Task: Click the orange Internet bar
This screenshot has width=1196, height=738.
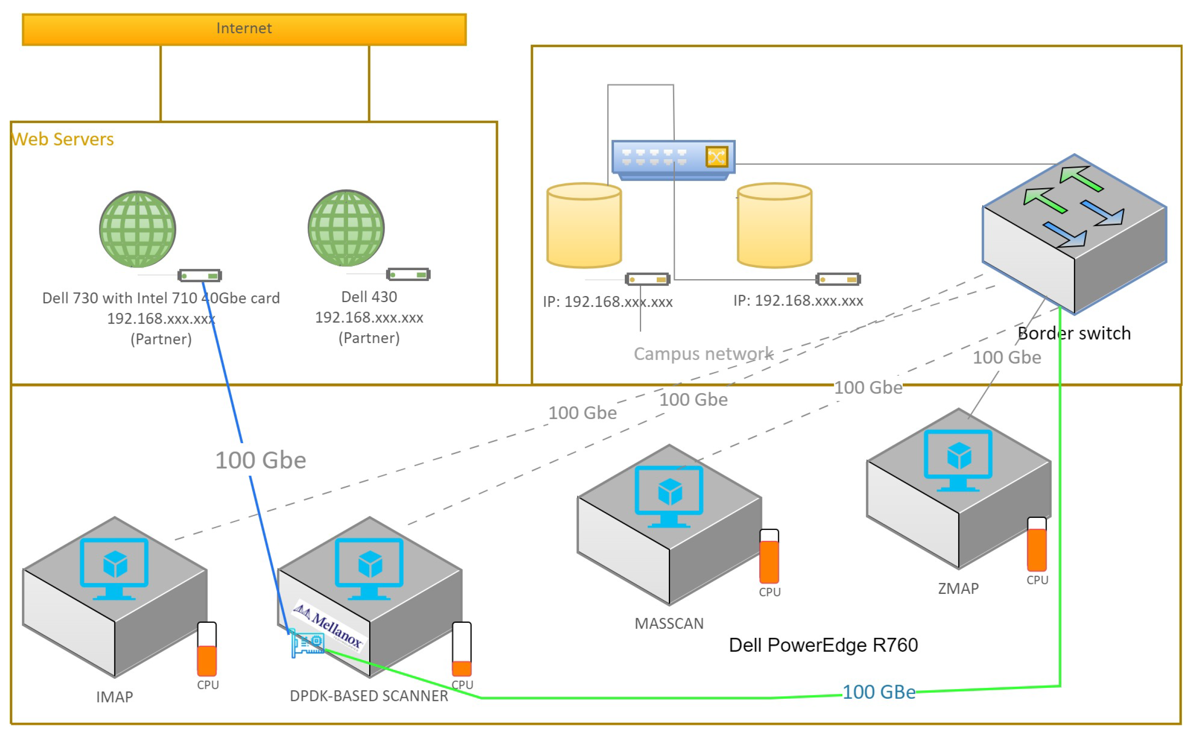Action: click(244, 29)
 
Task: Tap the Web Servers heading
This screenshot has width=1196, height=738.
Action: click(63, 139)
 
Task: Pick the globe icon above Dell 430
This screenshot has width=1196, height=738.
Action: click(346, 228)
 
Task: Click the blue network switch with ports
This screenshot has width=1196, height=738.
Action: click(673, 159)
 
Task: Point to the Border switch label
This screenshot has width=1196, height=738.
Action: click(1074, 333)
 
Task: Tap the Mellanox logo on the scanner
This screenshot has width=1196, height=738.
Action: click(328, 625)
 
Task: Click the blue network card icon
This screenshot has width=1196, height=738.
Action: click(307, 644)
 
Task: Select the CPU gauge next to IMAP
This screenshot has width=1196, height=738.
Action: click(207, 649)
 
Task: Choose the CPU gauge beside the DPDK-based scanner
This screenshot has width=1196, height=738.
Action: click(462, 649)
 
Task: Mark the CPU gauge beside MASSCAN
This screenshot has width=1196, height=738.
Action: click(769, 556)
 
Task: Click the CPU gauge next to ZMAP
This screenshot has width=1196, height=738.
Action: click(1037, 544)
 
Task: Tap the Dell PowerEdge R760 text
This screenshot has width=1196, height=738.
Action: click(823, 645)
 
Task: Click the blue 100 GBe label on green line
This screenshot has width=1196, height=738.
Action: click(879, 692)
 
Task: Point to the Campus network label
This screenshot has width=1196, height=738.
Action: click(703, 354)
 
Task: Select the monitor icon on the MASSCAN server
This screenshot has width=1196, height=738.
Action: click(669, 495)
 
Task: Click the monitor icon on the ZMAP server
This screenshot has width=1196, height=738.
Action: click(958, 459)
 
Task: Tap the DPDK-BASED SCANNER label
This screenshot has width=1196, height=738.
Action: click(369, 696)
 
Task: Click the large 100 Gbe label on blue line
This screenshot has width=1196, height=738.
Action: click(261, 460)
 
